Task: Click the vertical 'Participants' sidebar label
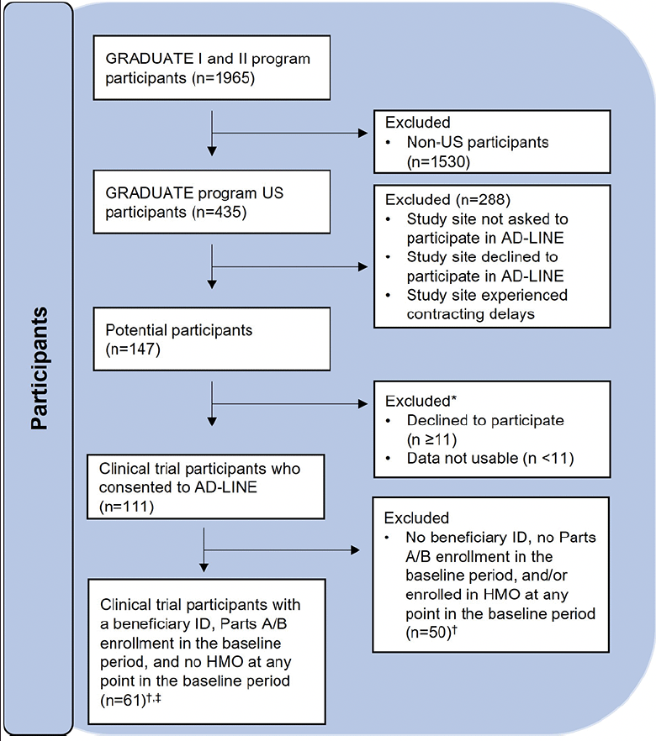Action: click(40, 368)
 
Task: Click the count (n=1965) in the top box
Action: click(223, 78)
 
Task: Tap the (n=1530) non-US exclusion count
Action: click(438, 161)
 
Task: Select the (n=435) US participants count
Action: click(220, 213)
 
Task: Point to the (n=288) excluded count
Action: click(484, 199)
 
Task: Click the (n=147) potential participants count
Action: click(133, 349)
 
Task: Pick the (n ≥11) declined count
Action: click(431, 439)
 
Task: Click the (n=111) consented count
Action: click(126, 507)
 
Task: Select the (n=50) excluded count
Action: click(431, 633)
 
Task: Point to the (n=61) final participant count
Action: click(130, 699)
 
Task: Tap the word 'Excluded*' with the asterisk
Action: click(421, 401)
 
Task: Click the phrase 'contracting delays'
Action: click(471, 314)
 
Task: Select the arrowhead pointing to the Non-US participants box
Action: click(363, 134)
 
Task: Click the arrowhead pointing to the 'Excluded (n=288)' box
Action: click(363, 267)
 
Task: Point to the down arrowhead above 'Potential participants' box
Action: click(213, 284)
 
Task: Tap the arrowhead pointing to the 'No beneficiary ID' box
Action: click(355, 550)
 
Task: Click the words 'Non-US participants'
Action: click(478, 142)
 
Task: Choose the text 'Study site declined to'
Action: click(483, 256)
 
